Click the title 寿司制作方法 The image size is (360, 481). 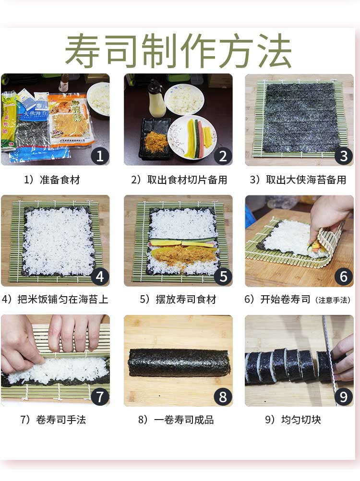(178, 50)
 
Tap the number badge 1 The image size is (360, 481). (100, 156)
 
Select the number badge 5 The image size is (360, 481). (223, 277)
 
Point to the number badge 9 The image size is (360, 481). (344, 397)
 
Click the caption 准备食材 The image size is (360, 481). (60, 180)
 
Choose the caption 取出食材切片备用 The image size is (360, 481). (187, 180)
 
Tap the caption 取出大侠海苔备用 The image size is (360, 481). (306, 180)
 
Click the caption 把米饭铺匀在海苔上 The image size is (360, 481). (63, 299)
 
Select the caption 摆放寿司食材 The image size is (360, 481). (186, 299)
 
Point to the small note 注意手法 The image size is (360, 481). (333, 300)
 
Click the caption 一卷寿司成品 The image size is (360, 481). (184, 420)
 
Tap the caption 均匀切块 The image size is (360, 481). (301, 420)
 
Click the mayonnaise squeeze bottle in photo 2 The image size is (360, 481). (156, 99)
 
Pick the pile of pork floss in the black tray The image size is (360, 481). (156, 142)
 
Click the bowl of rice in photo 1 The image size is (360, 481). (99, 99)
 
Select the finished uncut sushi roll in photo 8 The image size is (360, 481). (180, 362)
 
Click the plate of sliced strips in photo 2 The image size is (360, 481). (192, 137)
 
